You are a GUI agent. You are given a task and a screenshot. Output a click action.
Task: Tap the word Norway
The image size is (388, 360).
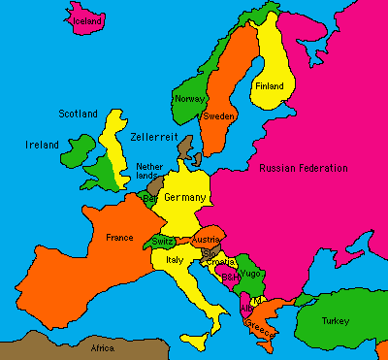click(188, 98)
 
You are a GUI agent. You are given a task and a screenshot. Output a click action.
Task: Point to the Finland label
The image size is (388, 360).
click(270, 86)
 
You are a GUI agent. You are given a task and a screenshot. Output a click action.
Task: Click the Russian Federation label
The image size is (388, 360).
click(304, 168)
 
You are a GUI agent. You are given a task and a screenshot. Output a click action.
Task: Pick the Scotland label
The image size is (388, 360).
click(78, 114)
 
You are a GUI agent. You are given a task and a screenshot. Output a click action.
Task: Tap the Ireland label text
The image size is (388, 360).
click(41, 145)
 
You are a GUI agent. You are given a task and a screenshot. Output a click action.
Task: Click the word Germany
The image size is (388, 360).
click(185, 197)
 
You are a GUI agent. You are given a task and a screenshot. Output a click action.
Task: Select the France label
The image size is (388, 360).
click(119, 237)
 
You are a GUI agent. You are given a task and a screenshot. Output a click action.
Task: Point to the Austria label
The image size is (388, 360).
click(207, 239)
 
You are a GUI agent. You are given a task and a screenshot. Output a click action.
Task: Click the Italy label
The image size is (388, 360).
click(176, 260)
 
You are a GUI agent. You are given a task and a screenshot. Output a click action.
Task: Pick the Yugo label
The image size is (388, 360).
click(250, 273)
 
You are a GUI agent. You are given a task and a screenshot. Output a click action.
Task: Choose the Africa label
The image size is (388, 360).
click(102, 347)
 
